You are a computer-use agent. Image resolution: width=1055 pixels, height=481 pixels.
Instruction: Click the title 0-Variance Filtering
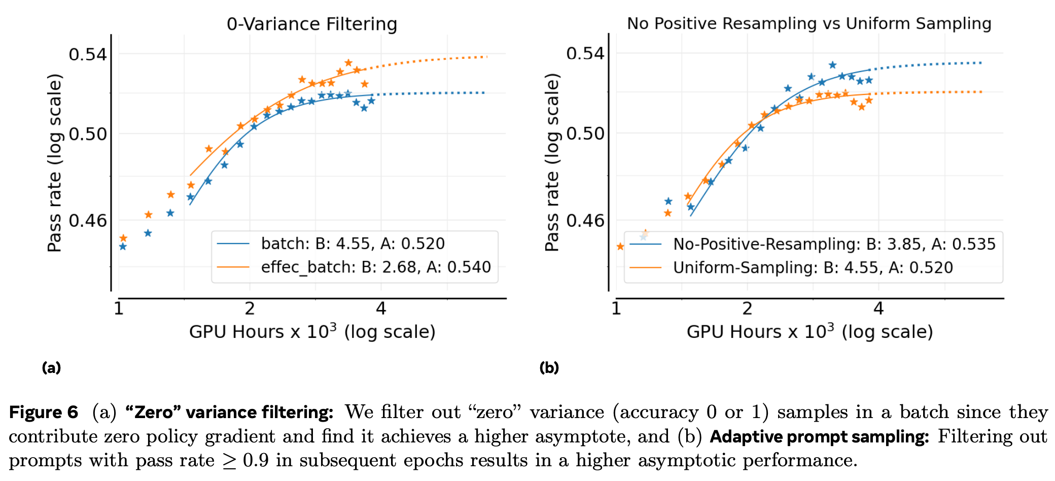pyautogui.click(x=311, y=24)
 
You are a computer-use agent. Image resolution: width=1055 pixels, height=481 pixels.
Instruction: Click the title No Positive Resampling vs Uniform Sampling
pyautogui.click(x=809, y=23)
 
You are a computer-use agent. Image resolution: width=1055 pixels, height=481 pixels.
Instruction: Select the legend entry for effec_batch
pyautogui.click(x=375, y=267)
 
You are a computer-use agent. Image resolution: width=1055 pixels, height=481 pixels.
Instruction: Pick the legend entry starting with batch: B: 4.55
pyautogui.click(x=353, y=244)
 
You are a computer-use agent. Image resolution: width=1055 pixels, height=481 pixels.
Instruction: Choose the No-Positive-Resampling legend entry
pyautogui.click(x=834, y=244)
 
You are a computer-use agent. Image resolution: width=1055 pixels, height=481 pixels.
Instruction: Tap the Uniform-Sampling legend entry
pyautogui.click(x=813, y=267)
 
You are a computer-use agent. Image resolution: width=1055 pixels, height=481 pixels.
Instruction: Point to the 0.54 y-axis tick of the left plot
pyautogui.click(x=88, y=54)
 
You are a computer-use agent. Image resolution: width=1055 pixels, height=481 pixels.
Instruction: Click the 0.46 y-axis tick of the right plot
pyautogui.click(x=585, y=221)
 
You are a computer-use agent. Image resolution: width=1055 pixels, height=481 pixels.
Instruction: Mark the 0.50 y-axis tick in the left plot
pyautogui.click(x=88, y=134)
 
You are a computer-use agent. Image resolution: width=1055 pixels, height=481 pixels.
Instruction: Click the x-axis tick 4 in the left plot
pyautogui.click(x=381, y=308)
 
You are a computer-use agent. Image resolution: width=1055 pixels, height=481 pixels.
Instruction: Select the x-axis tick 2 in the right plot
pyautogui.click(x=747, y=308)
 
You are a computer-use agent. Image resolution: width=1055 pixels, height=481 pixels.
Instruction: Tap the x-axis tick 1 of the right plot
pyautogui.click(x=616, y=308)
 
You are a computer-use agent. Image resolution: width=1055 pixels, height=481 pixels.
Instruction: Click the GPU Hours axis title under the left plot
pyautogui.click(x=312, y=332)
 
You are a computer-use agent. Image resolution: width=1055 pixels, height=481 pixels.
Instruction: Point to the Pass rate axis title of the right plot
pyautogui.click(x=552, y=162)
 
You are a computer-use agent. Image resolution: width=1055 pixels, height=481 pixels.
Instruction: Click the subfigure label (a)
pyautogui.click(x=51, y=367)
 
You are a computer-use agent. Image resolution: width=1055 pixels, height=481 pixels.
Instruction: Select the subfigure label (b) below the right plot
pyautogui.click(x=549, y=367)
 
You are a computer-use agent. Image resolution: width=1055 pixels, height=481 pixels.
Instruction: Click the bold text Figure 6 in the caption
pyautogui.click(x=44, y=412)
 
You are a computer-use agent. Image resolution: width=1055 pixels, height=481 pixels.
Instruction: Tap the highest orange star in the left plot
pyautogui.click(x=348, y=63)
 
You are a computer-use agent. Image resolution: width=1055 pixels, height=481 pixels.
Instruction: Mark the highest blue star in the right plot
pyautogui.click(x=832, y=65)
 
